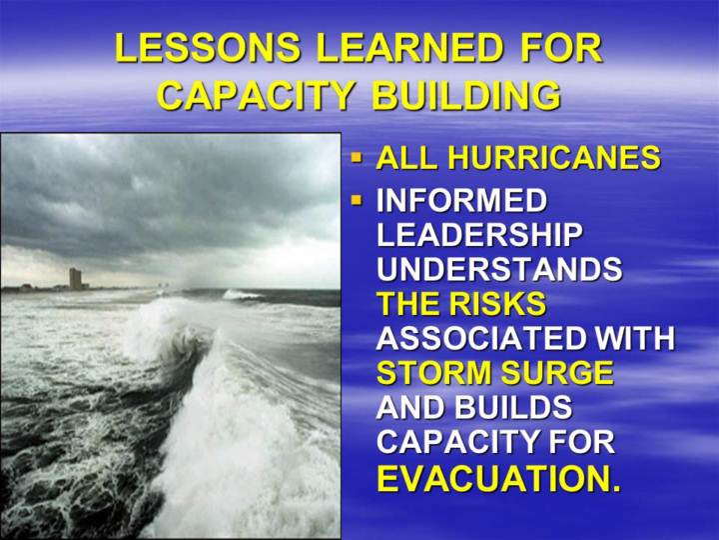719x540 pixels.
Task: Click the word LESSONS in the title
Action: point(208,48)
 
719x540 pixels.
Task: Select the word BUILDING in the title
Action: point(466,95)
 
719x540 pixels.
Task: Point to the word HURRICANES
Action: point(554,158)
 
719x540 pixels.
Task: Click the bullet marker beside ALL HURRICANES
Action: point(356,158)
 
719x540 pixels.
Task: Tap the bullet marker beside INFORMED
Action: point(356,201)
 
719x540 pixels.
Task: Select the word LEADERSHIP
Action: point(479,234)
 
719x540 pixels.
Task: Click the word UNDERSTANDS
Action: point(499,268)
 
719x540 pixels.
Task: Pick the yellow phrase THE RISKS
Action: point(461,303)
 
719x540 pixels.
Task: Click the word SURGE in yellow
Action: point(557,372)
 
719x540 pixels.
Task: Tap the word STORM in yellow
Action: point(435,372)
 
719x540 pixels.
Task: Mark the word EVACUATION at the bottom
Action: point(499,478)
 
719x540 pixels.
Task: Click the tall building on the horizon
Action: point(75,279)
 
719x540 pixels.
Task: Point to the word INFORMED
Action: point(462,200)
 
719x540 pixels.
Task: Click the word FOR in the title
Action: point(561,48)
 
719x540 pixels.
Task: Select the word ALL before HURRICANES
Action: point(406,158)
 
